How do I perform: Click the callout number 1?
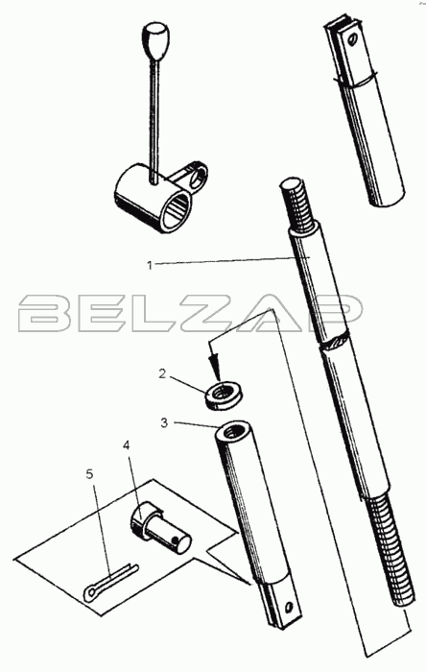pos(150,265)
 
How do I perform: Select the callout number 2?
pos(162,373)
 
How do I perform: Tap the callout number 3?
pos(164,423)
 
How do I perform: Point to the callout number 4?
pos(126,445)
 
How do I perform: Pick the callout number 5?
pos(89,474)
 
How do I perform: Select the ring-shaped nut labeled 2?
pos(223,396)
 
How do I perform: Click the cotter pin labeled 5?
pos(110,581)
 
